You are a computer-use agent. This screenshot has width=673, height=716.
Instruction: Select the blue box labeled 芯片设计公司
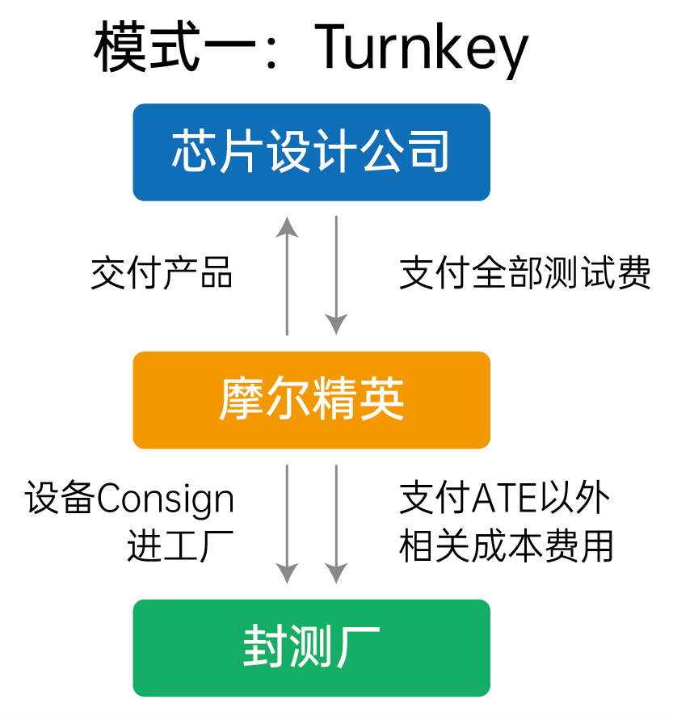tap(311, 152)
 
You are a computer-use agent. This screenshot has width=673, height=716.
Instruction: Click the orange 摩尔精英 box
tap(311, 399)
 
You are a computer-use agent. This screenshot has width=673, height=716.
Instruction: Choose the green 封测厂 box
tap(311, 647)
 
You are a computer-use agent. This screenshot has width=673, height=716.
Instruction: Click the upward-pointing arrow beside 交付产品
tap(287, 276)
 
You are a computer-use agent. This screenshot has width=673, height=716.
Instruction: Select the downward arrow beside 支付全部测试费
tap(336, 276)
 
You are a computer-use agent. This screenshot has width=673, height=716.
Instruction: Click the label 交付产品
tap(162, 274)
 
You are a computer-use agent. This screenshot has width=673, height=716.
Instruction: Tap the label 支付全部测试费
tap(525, 274)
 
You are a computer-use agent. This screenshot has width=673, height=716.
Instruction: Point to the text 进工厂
tap(180, 546)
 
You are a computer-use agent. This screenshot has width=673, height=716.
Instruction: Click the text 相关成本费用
tap(507, 546)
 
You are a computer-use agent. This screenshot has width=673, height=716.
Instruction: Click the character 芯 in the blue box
tap(191, 152)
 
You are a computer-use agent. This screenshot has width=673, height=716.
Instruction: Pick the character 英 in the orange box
tap(382, 399)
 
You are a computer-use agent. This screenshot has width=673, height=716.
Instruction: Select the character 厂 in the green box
tap(359, 647)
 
